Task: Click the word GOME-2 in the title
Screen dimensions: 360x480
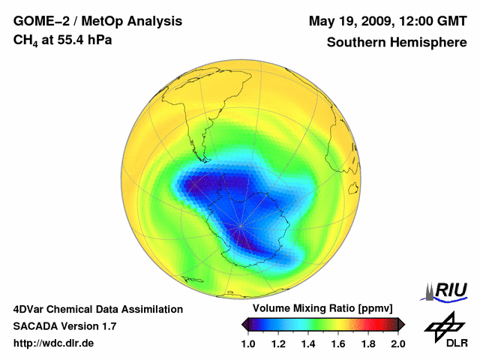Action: click(x=39, y=20)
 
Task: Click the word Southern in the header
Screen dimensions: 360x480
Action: click(x=355, y=42)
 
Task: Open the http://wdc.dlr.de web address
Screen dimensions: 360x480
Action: click(x=54, y=343)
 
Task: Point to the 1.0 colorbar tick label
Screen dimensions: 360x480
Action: click(x=248, y=343)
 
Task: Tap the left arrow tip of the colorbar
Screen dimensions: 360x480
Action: click(x=244, y=324)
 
